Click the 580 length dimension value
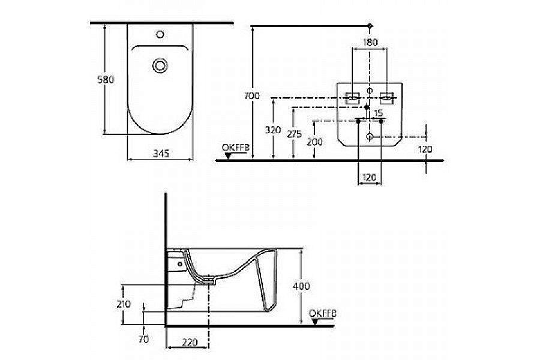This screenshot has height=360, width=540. (x=106, y=79)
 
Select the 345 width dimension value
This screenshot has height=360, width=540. (x=159, y=154)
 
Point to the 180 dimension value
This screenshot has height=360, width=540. (x=370, y=42)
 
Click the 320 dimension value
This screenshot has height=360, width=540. (x=274, y=129)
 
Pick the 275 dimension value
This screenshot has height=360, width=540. (x=293, y=134)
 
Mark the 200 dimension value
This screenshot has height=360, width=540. (x=314, y=142)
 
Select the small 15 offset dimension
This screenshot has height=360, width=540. (x=378, y=113)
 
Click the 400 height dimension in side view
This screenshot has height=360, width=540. (x=302, y=286)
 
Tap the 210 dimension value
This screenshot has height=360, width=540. (x=123, y=304)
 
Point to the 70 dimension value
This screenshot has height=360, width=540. (x=143, y=339)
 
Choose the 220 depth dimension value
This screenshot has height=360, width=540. (x=190, y=343)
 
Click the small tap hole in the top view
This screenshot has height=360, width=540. (x=160, y=34)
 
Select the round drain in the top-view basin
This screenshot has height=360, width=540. (x=160, y=65)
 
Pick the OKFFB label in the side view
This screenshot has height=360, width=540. (x=323, y=313)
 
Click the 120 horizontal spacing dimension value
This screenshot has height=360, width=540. (x=370, y=178)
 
